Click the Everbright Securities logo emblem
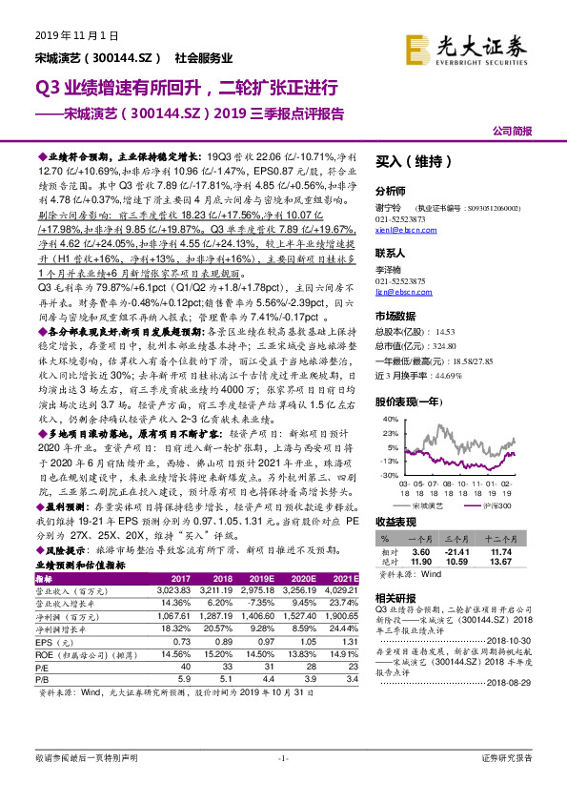pos(416,45)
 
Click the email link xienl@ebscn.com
pos(399,231)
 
